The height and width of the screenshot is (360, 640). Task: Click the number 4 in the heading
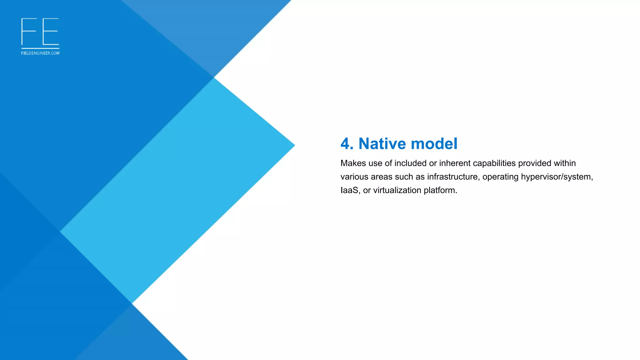point(345,144)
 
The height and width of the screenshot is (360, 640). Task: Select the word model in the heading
point(434,144)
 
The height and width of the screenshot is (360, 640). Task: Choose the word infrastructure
point(452,177)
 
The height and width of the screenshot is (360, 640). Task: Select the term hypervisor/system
point(557,177)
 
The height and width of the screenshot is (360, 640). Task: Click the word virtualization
point(397,190)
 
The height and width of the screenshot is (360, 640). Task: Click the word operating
point(500,177)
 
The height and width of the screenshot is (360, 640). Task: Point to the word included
point(410,163)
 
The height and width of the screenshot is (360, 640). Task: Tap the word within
point(565,163)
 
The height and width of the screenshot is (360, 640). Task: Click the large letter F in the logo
point(28,32)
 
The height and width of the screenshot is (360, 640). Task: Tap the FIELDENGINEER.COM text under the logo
point(40,53)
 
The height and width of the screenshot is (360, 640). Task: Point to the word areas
point(381,177)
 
